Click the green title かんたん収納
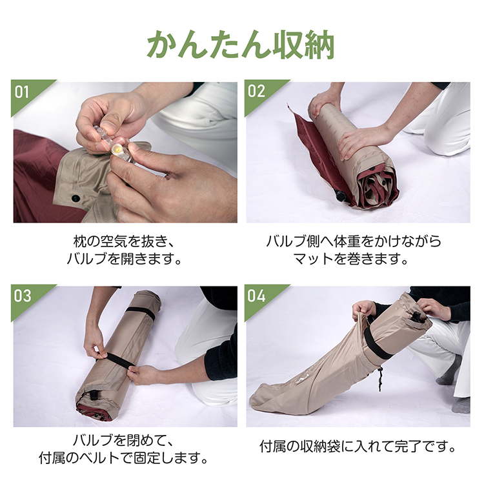click(x=241, y=45)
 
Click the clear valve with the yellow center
click(x=121, y=152)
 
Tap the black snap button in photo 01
click(x=76, y=198)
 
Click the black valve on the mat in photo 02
click(x=341, y=196)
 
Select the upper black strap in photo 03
click(x=141, y=312)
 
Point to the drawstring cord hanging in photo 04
click(x=379, y=379)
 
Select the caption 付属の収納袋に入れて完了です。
click(x=358, y=447)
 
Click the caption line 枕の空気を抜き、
click(x=124, y=241)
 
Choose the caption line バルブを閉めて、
click(x=124, y=440)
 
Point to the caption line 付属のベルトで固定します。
click(x=124, y=458)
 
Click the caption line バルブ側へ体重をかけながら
click(x=354, y=241)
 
